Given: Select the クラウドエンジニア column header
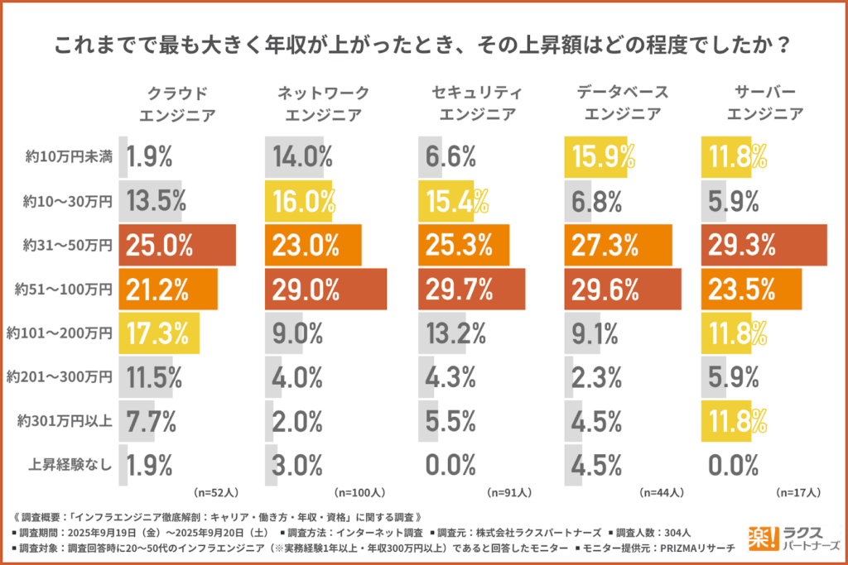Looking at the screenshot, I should coord(173,103).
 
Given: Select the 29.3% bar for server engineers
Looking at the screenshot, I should coord(764,245).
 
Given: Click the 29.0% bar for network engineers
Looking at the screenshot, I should coord(325,289).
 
